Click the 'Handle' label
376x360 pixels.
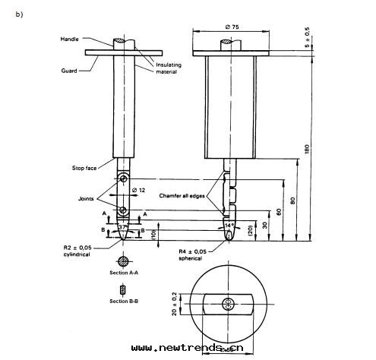coord(70,38)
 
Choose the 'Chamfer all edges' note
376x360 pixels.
coord(185,195)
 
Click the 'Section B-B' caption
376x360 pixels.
coord(123,302)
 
